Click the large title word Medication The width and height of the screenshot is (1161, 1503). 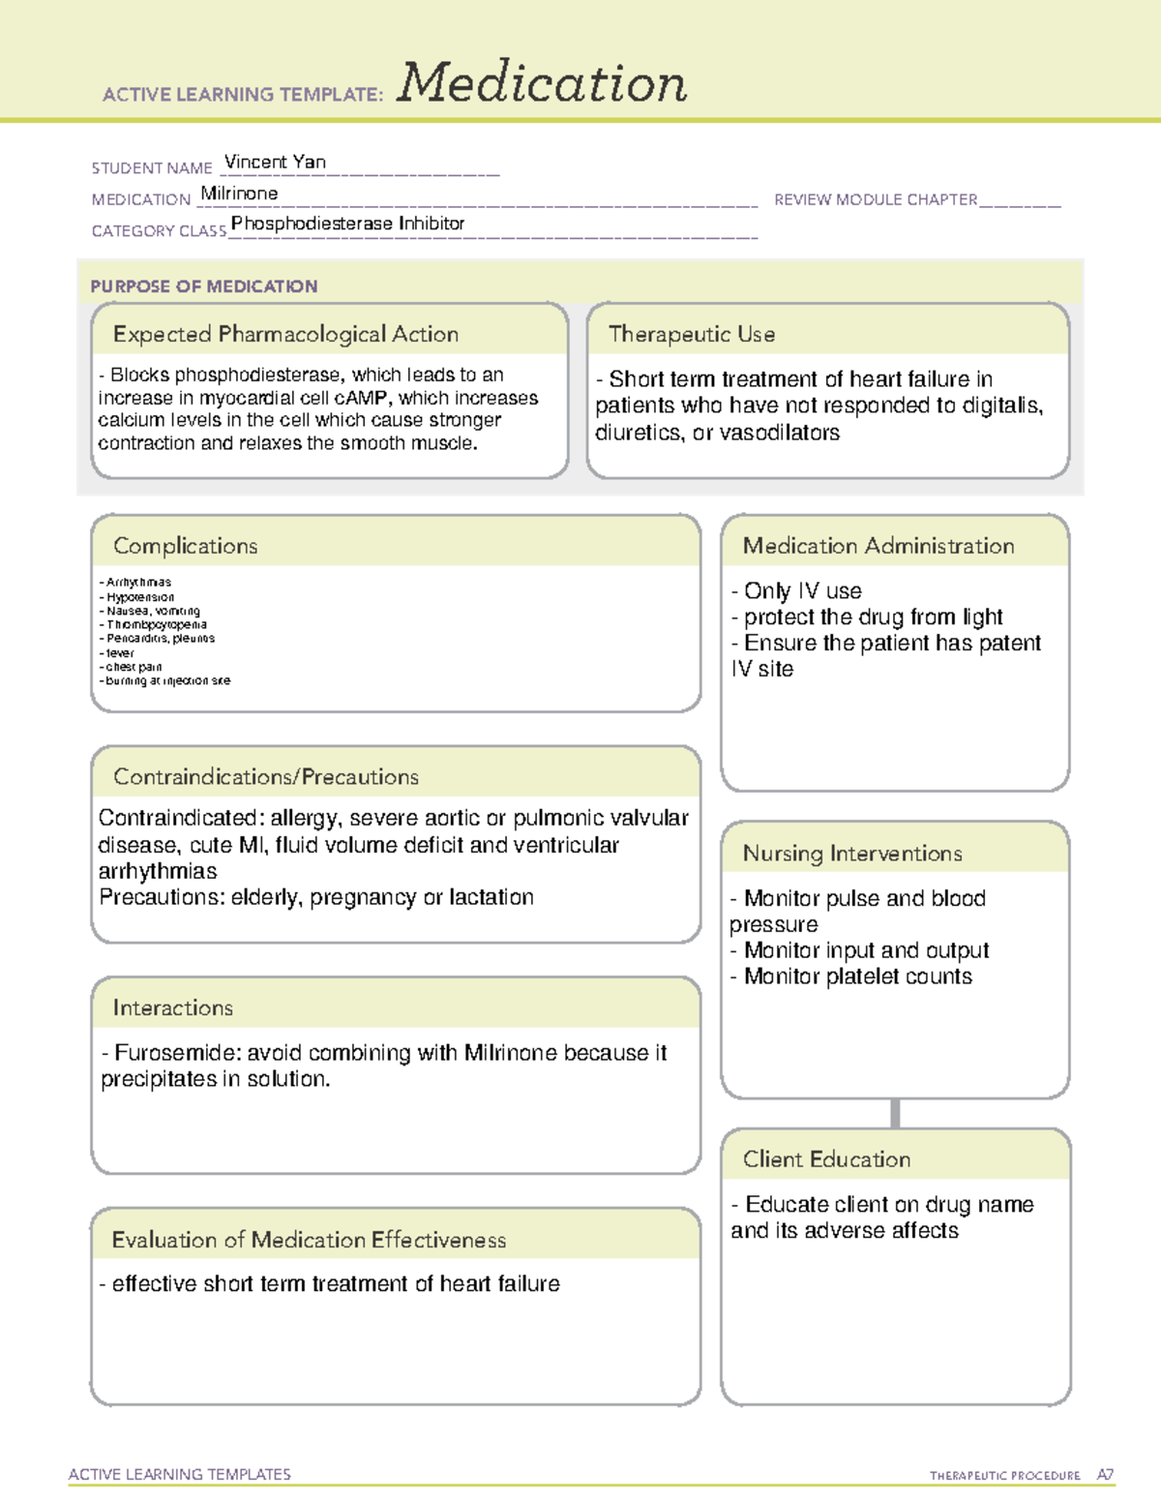pyautogui.click(x=542, y=83)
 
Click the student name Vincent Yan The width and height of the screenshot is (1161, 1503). pyautogui.click(x=275, y=163)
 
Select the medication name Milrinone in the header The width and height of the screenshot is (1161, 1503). pyautogui.click(x=239, y=194)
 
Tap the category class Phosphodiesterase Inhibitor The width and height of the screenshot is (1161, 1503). pyautogui.click(x=348, y=224)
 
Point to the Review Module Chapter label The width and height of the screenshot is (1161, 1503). pyautogui.click(x=876, y=200)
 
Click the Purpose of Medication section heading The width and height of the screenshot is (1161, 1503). pyautogui.click(x=203, y=286)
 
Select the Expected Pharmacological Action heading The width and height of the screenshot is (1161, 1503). pyautogui.click(x=285, y=335)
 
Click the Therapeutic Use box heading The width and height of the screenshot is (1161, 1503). pyautogui.click(x=692, y=335)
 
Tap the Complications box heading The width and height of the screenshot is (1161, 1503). pyautogui.click(x=186, y=547)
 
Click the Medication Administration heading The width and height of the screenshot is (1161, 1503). pyautogui.click(x=878, y=547)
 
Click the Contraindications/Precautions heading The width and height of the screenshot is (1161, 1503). pyautogui.click(x=266, y=777)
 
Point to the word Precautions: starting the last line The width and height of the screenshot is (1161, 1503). pyautogui.click(x=162, y=898)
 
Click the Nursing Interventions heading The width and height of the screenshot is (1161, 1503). pyautogui.click(x=852, y=854)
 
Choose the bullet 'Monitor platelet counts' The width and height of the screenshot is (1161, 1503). pyautogui.click(x=857, y=977)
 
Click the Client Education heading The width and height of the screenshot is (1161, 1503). pyautogui.click(x=826, y=1159)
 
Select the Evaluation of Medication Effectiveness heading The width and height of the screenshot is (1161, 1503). pyautogui.click(x=309, y=1241)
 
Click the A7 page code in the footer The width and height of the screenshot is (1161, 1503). pyautogui.click(x=1104, y=1476)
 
